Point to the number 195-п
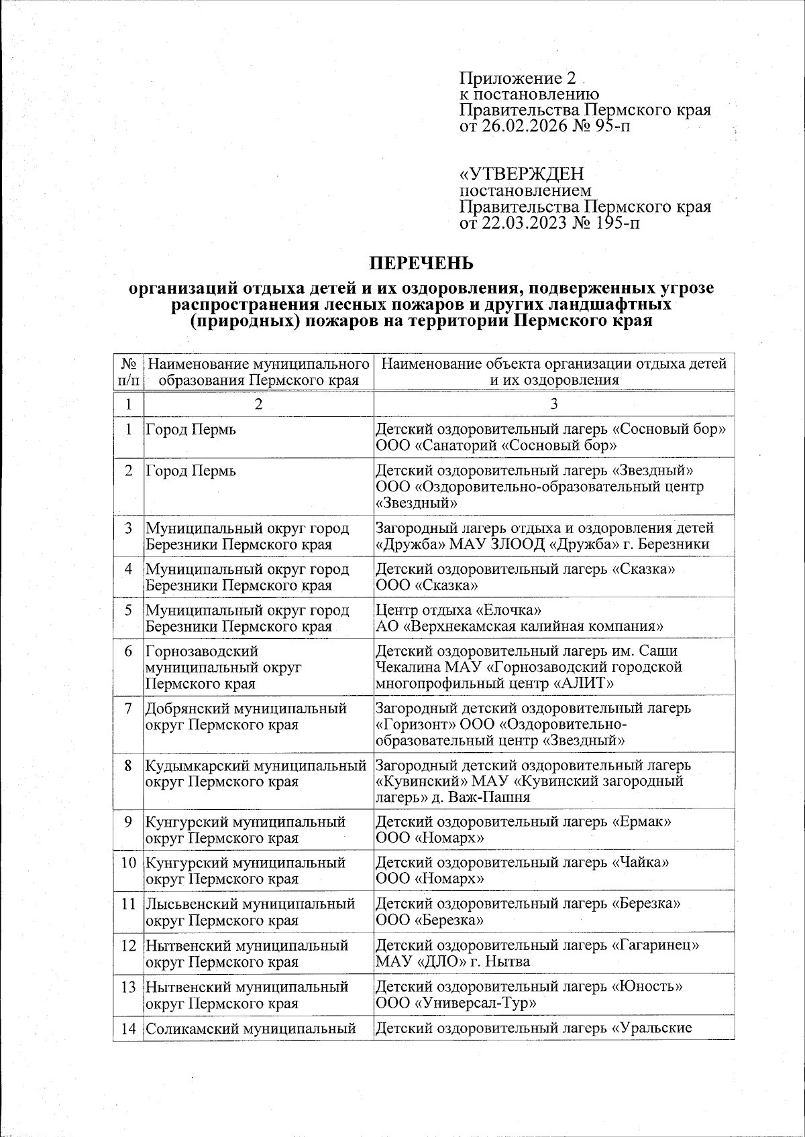[615, 223]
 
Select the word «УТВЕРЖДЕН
[521, 174]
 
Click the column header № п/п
[129, 372]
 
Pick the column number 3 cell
[553, 404]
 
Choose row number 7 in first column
[128, 709]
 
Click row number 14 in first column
[128, 1028]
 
